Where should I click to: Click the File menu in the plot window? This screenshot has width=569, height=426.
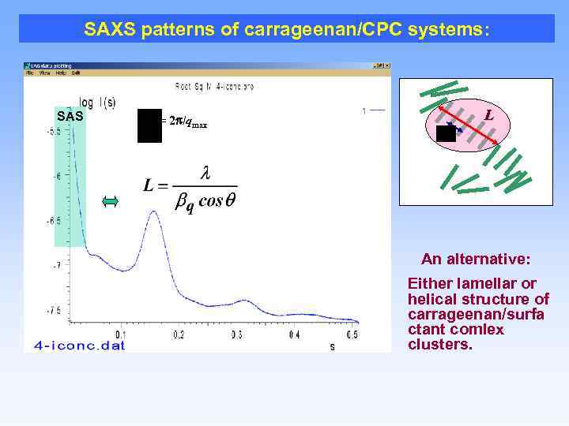coord(30,73)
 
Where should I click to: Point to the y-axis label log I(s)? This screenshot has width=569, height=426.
coord(99,101)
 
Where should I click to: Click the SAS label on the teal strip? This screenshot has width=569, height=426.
coord(70,117)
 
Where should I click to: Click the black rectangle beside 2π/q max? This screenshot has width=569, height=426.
coord(149,125)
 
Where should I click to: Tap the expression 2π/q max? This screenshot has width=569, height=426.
coord(185,121)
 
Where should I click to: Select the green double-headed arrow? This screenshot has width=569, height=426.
coord(110,203)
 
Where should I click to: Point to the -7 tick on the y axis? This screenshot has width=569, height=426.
coord(56,266)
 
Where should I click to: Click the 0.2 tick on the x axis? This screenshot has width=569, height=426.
coord(179,335)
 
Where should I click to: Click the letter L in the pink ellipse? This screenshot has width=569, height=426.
coord(489,115)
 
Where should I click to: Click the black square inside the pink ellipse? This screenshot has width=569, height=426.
coord(446,133)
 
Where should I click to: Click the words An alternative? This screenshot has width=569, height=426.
coord(475,259)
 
